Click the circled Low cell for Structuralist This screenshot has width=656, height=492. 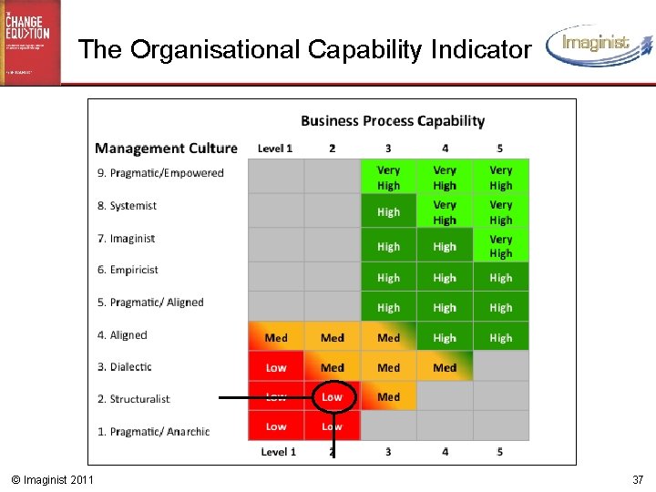(x=333, y=396)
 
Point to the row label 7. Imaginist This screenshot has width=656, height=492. (x=128, y=239)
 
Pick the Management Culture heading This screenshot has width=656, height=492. (x=166, y=149)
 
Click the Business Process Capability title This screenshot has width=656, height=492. (x=393, y=121)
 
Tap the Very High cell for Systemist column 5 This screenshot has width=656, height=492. (x=500, y=212)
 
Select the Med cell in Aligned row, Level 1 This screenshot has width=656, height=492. (x=276, y=338)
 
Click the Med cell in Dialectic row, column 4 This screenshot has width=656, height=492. (x=445, y=368)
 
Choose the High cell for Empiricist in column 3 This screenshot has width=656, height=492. (x=388, y=278)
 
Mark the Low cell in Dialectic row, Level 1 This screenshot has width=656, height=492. (x=276, y=368)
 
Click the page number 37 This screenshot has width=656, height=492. (x=637, y=479)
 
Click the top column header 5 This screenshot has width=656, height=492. (x=500, y=149)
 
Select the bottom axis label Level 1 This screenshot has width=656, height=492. (x=278, y=452)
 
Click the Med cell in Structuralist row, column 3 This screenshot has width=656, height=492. (x=388, y=397)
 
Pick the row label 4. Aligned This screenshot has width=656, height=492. (x=123, y=335)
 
